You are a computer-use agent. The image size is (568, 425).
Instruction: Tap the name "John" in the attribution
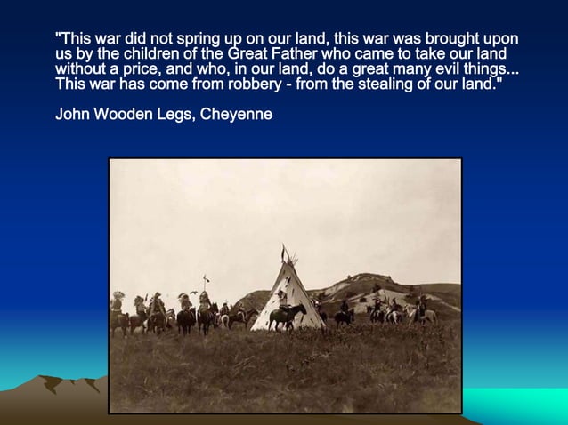pos(72,115)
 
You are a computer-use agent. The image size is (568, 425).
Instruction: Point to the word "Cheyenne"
pos(236,115)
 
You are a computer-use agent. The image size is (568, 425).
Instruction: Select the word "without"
pos(81,70)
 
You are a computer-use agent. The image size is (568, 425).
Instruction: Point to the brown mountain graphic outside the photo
pos(62,391)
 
